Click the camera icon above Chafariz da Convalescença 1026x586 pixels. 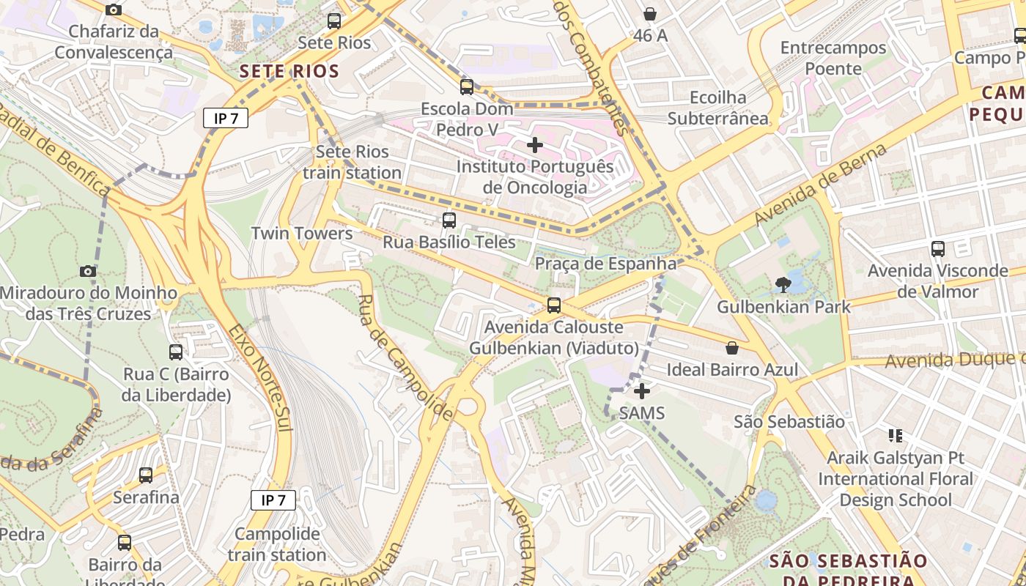click(x=114, y=10)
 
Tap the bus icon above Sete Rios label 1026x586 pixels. click(x=334, y=21)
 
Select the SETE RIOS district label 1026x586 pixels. click(x=289, y=71)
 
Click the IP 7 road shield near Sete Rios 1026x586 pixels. click(x=226, y=118)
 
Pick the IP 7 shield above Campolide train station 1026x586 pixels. click(x=273, y=500)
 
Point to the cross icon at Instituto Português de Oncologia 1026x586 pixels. click(x=535, y=145)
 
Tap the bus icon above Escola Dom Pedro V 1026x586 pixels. click(x=467, y=87)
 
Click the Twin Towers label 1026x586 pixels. click(x=302, y=234)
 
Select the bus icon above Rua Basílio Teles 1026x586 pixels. click(x=449, y=220)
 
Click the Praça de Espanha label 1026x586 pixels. click(x=605, y=264)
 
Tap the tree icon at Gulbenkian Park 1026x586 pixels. click(x=783, y=284)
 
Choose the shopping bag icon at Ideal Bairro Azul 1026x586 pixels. click(x=731, y=348)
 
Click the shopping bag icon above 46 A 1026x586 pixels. click(x=650, y=14)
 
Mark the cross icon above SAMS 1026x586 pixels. click(x=642, y=392)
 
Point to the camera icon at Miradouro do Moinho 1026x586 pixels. click(x=88, y=272)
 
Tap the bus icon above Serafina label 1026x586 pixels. click(x=146, y=475)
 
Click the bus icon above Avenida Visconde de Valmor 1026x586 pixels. click(x=938, y=249)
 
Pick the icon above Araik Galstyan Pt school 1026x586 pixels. click(x=895, y=436)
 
